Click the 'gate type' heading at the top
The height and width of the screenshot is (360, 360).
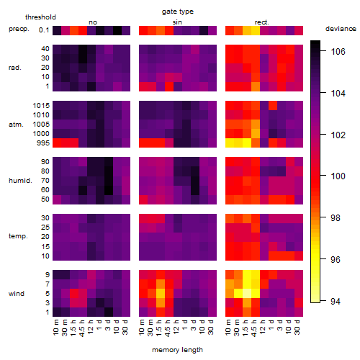click(178, 12)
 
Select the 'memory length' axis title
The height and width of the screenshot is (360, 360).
click(177, 350)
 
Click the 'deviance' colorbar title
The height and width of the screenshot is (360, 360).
click(341, 29)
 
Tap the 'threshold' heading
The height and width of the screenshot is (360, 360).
click(40, 17)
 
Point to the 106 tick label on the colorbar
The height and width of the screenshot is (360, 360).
click(338, 51)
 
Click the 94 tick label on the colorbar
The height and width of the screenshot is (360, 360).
click(336, 301)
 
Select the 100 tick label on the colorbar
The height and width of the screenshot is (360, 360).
click(338, 176)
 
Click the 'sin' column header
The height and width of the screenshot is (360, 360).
click(177, 22)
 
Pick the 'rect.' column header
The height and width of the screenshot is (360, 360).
click(261, 22)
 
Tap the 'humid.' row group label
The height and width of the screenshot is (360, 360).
click(20, 181)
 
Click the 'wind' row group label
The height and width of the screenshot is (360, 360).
click(17, 294)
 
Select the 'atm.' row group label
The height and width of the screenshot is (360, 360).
click(16, 125)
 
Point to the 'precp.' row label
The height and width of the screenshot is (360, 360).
click(19, 29)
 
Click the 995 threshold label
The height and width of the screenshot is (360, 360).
click(43, 143)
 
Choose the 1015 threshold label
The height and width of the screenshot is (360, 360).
click(41, 106)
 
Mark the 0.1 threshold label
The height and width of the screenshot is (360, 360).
click(44, 30)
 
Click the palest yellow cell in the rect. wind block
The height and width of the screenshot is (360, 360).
click(247, 293)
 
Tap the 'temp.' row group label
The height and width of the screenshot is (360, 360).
click(18, 236)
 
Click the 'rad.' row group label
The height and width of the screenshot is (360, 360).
click(15, 68)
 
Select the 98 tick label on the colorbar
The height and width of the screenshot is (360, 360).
click(336, 218)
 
